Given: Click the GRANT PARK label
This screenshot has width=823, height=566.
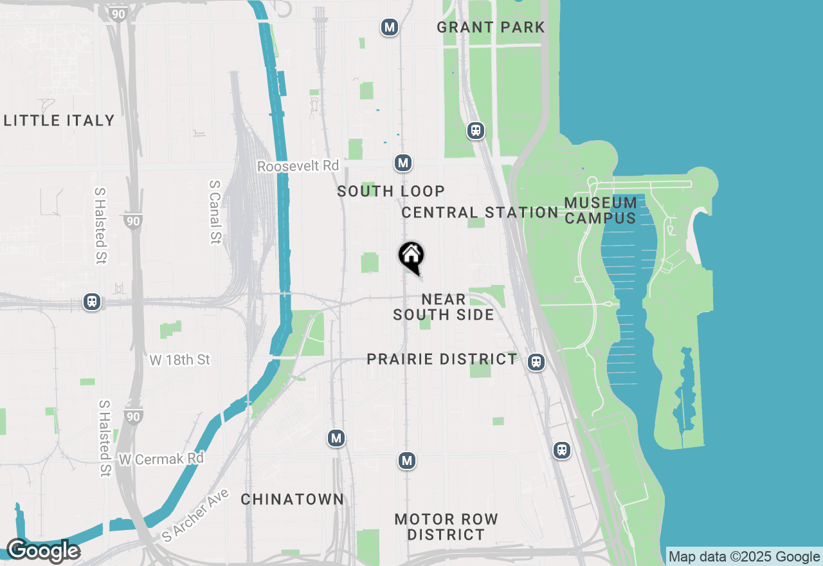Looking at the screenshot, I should [x=491, y=27].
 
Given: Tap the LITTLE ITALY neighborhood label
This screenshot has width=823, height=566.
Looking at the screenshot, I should [x=59, y=120].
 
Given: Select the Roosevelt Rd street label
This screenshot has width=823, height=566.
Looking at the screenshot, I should [x=298, y=166].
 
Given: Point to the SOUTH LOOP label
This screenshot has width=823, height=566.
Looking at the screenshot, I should [x=391, y=191].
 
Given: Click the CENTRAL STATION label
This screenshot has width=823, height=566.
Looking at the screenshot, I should [x=480, y=212].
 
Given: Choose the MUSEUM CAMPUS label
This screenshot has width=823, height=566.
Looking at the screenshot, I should [x=601, y=210].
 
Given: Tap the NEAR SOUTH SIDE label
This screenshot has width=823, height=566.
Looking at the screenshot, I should [x=444, y=307].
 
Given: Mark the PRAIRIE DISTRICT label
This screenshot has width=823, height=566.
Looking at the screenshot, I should [x=442, y=359].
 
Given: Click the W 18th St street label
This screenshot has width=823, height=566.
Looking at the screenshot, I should [x=180, y=360].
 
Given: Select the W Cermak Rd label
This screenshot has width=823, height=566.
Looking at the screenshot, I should [x=161, y=459].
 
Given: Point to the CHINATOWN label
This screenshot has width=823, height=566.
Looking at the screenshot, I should [x=293, y=499].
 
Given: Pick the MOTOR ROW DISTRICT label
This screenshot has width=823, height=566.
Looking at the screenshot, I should [x=446, y=527].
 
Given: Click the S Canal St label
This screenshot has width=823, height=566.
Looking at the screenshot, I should [x=215, y=212].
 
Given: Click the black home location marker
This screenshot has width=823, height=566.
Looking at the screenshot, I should [x=411, y=256].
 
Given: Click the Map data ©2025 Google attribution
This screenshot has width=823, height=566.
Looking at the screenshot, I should [x=744, y=557].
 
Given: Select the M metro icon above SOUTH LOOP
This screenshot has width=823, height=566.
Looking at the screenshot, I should [x=403, y=163].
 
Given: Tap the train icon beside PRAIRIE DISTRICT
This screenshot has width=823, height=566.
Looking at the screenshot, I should [x=536, y=362].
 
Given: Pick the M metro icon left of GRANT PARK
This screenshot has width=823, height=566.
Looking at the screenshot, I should [x=388, y=27].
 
